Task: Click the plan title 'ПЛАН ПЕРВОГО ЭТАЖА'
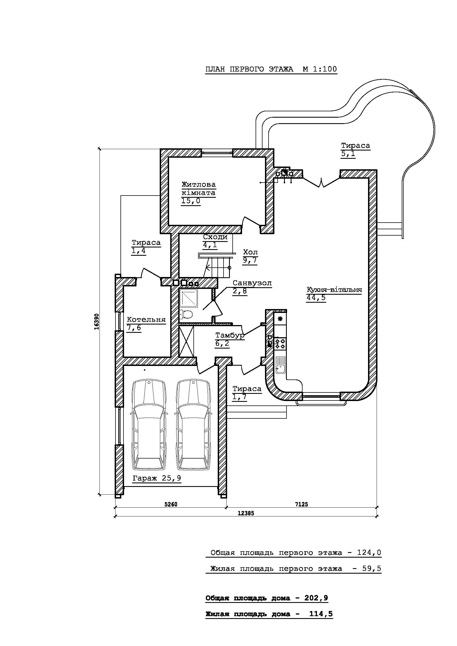click(249, 69)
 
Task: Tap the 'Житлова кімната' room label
click(199, 189)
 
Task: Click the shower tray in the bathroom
click(189, 299)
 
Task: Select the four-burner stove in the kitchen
click(280, 344)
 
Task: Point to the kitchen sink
click(280, 365)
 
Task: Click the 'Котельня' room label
click(146, 320)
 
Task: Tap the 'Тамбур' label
click(230, 335)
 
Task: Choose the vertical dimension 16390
click(96, 321)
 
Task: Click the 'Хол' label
click(250, 252)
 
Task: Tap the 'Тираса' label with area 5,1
click(355, 146)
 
